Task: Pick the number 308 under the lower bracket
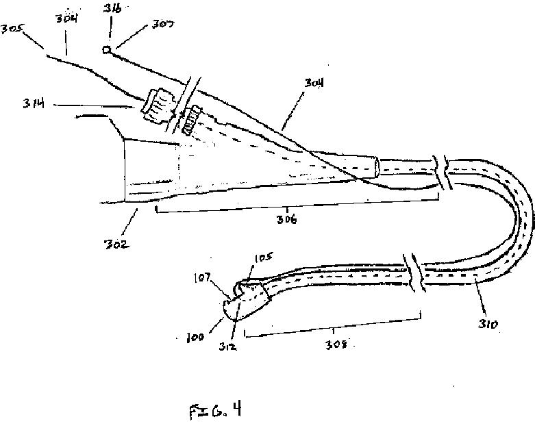point(330,344)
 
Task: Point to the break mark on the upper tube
point(445,171)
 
